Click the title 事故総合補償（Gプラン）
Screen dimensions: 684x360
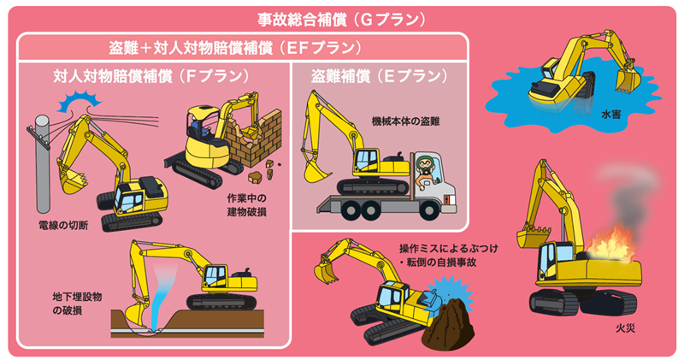click(x=341, y=20)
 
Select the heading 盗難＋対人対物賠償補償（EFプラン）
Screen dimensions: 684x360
click(x=235, y=48)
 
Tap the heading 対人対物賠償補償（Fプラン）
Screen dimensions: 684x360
click(x=151, y=76)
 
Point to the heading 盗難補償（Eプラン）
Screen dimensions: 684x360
click(x=379, y=76)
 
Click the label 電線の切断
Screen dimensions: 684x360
click(x=63, y=225)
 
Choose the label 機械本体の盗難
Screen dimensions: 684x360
click(x=405, y=121)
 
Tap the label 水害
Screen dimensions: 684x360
click(x=610, y=115)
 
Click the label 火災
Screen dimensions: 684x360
click(x=625, y=328)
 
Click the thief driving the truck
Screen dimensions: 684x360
click(x=426, y=170)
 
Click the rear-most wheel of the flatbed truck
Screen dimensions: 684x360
click(x=352, y=210)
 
